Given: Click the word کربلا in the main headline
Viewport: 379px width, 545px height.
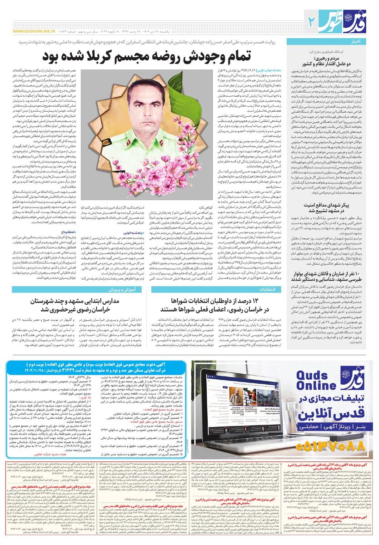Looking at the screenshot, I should (130, 56).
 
